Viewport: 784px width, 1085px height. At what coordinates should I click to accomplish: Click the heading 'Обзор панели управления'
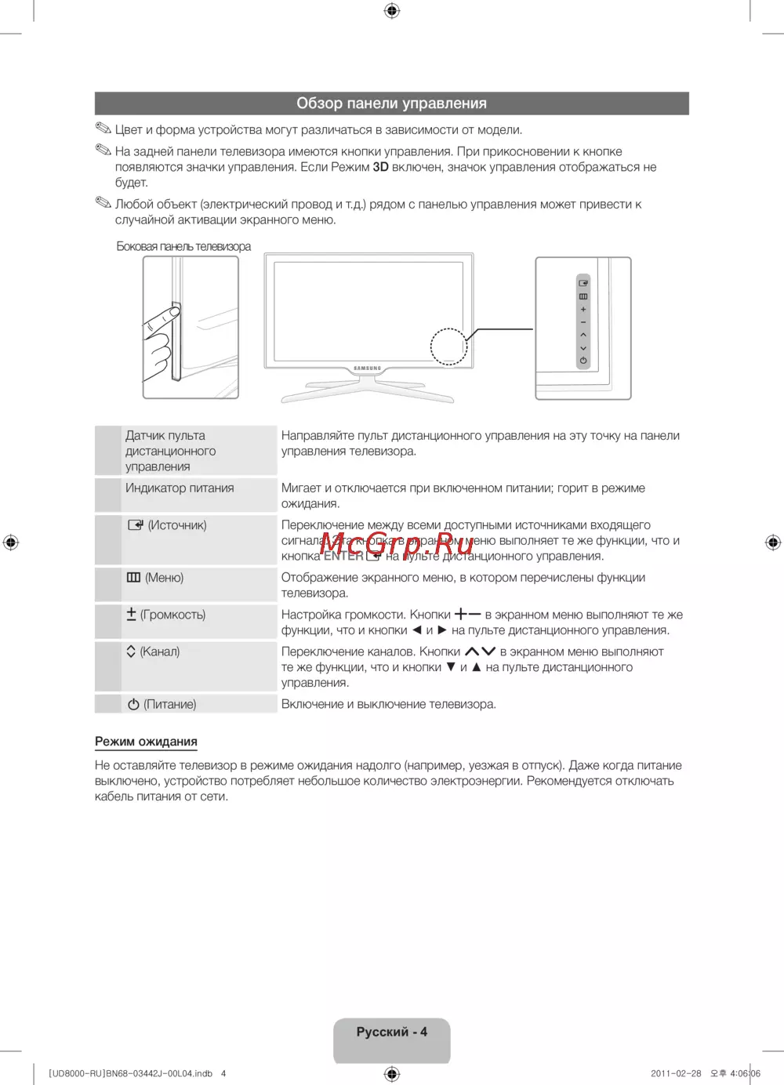click(391, 103)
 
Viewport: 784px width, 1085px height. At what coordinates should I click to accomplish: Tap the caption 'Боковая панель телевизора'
click(183, 246)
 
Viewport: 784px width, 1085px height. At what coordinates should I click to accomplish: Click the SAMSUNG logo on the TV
click(368, 368)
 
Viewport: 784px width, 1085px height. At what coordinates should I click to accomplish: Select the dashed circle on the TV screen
click(448, 346)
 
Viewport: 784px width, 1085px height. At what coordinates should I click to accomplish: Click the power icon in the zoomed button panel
click(583, 361)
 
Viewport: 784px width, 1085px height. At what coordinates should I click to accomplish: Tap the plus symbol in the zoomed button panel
click(583, 310)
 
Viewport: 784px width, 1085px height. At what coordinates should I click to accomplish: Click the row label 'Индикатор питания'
click(180, 488)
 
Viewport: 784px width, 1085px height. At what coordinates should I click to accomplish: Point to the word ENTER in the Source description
click(343, 556)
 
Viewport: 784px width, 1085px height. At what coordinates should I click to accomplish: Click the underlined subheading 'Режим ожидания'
click(146, 742)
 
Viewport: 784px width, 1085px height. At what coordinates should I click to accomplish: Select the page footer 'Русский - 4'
click(391, 1032)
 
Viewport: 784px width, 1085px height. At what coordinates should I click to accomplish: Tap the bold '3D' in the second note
click(380, 167)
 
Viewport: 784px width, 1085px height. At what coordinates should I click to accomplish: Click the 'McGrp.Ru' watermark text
click(397, 539)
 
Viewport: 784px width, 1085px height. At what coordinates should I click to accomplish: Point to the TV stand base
click(368, 393)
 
